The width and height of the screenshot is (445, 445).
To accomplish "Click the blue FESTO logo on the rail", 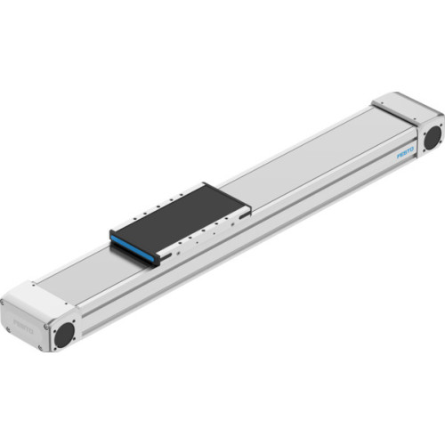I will (x=405, y=151).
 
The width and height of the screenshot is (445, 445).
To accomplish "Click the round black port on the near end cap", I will (x=64, y=336).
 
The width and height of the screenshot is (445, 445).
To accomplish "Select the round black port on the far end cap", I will (x=433, y=137).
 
